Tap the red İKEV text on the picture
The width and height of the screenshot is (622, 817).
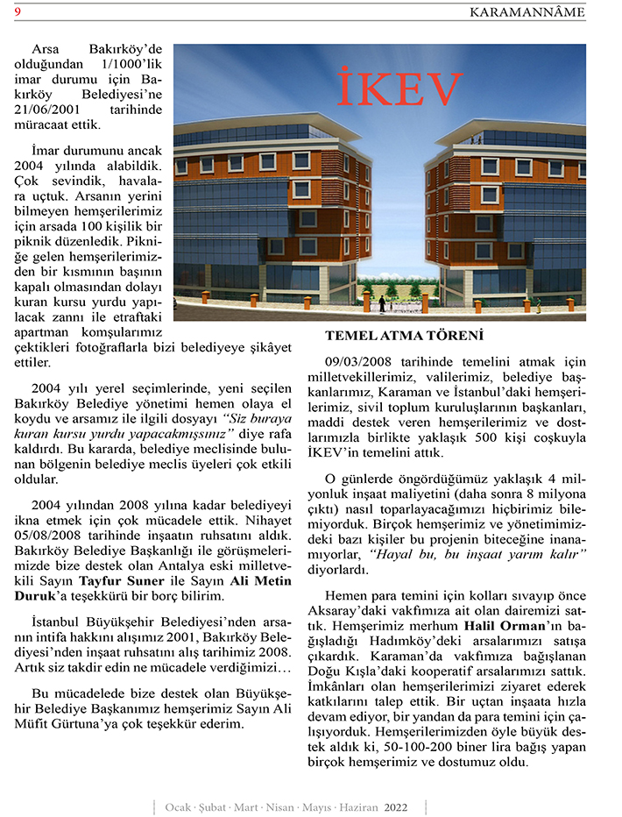pos(399,89)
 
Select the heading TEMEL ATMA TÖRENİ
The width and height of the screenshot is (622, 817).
pos(405,336)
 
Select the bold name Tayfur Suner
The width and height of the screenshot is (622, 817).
pos(115,580)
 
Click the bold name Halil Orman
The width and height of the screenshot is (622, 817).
pos(497,626)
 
